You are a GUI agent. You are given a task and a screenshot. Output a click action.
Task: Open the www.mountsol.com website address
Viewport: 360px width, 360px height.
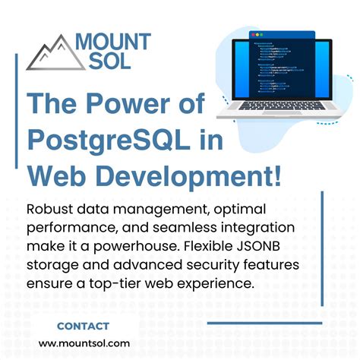pyautogui.click(x=84, y=343)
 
